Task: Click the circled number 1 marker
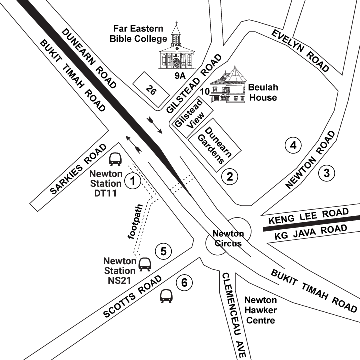pyautogui.click(x=133, y=180)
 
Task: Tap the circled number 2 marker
pyautogui.click(x=230, y=176)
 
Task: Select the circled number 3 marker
pyautogui.click(x=326, y=173)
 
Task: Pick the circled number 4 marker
pyautogui.click(x=293, y=145)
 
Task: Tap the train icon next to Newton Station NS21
pyautogui.click(x=145, y=264)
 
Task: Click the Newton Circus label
pyautogui.click(x=228, y=239)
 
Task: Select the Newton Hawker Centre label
pyautogui.click(x=260, y=310)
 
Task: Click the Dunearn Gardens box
pyautogui.click(x=213, y=142)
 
